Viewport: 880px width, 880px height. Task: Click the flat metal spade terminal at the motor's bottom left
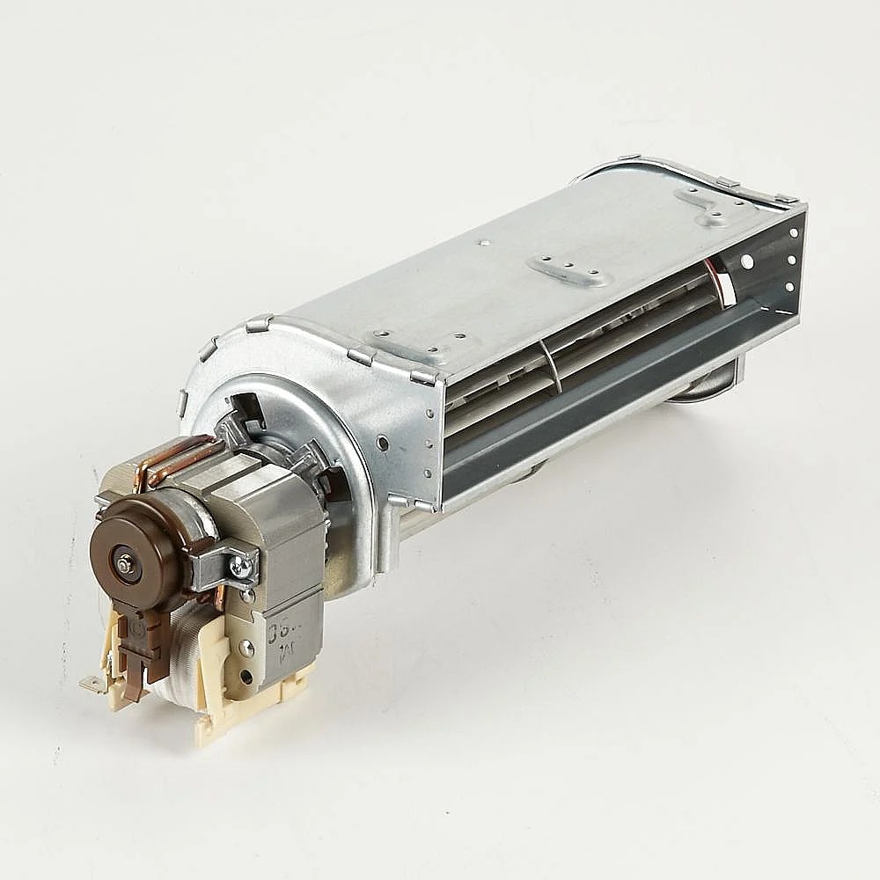[92, 682]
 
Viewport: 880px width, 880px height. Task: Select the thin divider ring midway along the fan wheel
[552, 365]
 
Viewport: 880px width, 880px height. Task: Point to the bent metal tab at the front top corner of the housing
[423, 377]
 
